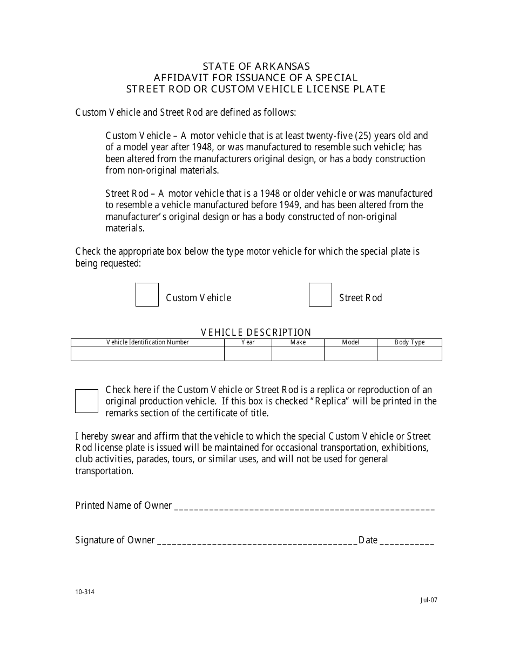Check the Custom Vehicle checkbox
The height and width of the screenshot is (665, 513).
pos(147,295)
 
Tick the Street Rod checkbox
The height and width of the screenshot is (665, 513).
pos(320,295)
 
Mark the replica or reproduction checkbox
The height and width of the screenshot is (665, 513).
pos(86,401)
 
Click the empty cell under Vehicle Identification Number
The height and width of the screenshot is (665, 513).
pos(147,354)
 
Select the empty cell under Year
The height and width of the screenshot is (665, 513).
pos(248,354)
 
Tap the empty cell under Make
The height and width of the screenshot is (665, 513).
pos(298,354)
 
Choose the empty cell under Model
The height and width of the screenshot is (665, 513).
pos(350,354)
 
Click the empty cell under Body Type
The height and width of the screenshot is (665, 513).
pos(409,354)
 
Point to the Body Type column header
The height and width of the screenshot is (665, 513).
pos(409,342)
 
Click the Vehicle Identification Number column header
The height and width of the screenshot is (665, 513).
pos(147,342)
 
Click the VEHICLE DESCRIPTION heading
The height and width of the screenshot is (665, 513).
pos(256,332)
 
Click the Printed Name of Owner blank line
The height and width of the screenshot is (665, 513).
pos(305,508)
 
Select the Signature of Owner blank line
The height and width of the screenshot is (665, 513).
pos(257,542)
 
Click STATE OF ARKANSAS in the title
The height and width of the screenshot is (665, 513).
pos(256,66)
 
